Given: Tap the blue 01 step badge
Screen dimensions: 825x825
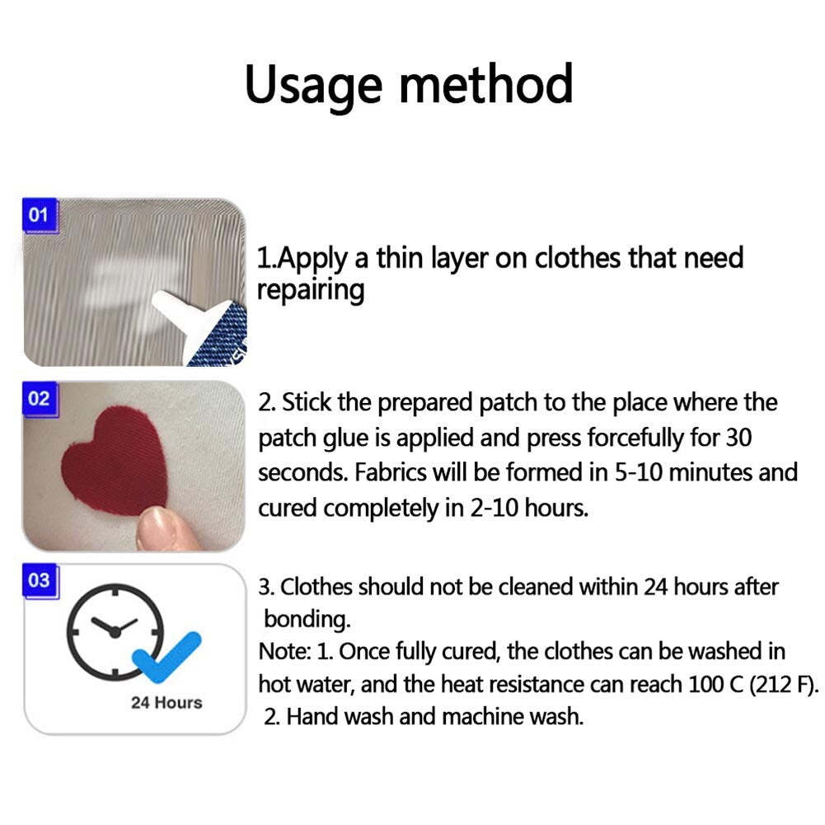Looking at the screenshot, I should coord(39,216).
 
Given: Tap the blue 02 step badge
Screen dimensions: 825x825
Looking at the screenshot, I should coord(39,399).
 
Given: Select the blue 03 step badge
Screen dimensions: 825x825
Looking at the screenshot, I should coord(39,580).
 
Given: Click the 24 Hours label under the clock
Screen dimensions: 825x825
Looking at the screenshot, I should coord(166,703).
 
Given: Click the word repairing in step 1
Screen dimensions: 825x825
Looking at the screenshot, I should coord(310,290).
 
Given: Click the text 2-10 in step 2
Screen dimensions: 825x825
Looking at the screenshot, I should coord(495,508).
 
